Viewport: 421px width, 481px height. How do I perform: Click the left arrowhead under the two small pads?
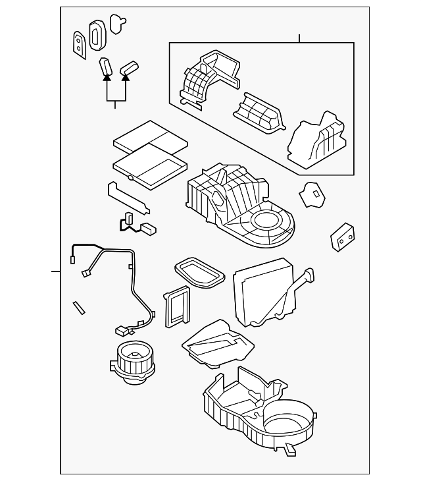tap(105, 78)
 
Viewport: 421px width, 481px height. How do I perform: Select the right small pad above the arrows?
tap(130, 67)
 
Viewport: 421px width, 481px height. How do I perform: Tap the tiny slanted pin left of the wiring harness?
tap(80, 307)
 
